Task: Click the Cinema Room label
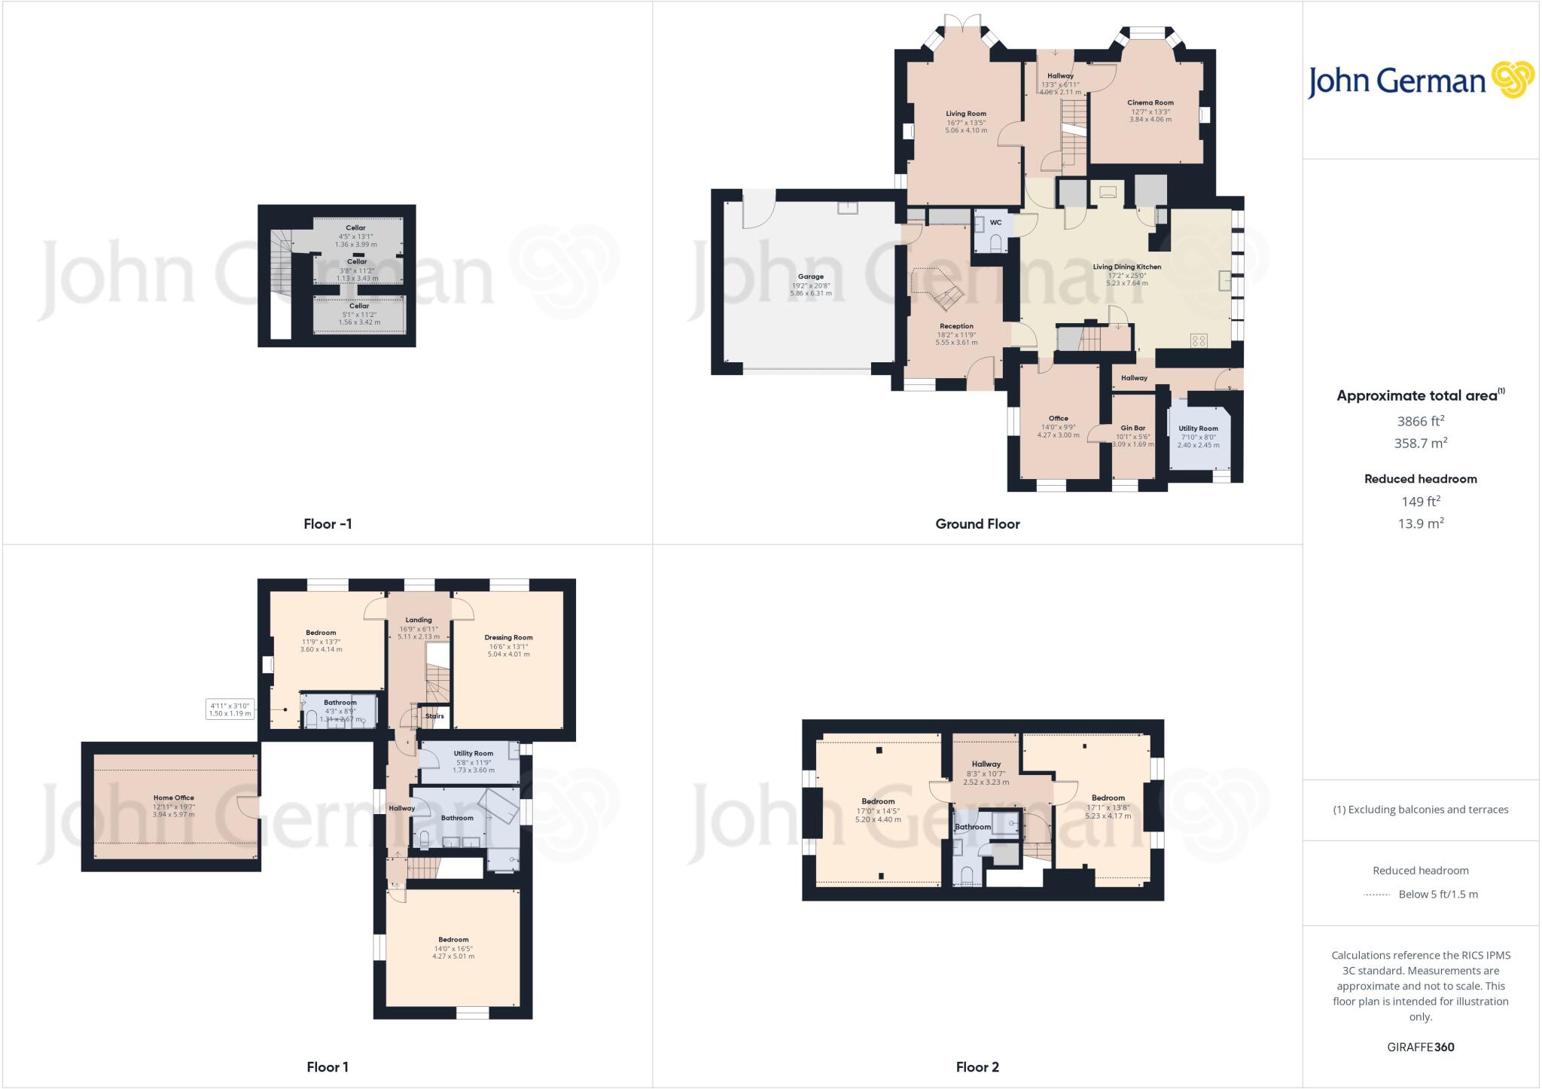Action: point(1150,102)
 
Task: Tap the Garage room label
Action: point(811,276)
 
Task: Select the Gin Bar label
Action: point(1132,428)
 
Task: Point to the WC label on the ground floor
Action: point(995,222)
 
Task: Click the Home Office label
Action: point(174,798)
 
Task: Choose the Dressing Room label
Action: point(508,637)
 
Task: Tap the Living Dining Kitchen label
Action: point(1126,267)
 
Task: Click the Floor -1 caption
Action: point(328,523)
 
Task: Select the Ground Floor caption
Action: point(977,523)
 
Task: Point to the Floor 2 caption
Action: point(977,1066)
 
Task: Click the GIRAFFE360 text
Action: point(1420,1047)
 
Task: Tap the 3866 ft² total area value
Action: point(1420,421)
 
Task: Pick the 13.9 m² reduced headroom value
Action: point(1420,523)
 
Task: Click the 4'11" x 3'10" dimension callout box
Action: point(230,709)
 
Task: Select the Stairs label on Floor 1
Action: point(434,715)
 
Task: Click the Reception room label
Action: point(956,326)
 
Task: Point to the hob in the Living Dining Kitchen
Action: point(1199,340)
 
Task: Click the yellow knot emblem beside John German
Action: point(1513,80)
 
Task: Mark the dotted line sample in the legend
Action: point(1376,895)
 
